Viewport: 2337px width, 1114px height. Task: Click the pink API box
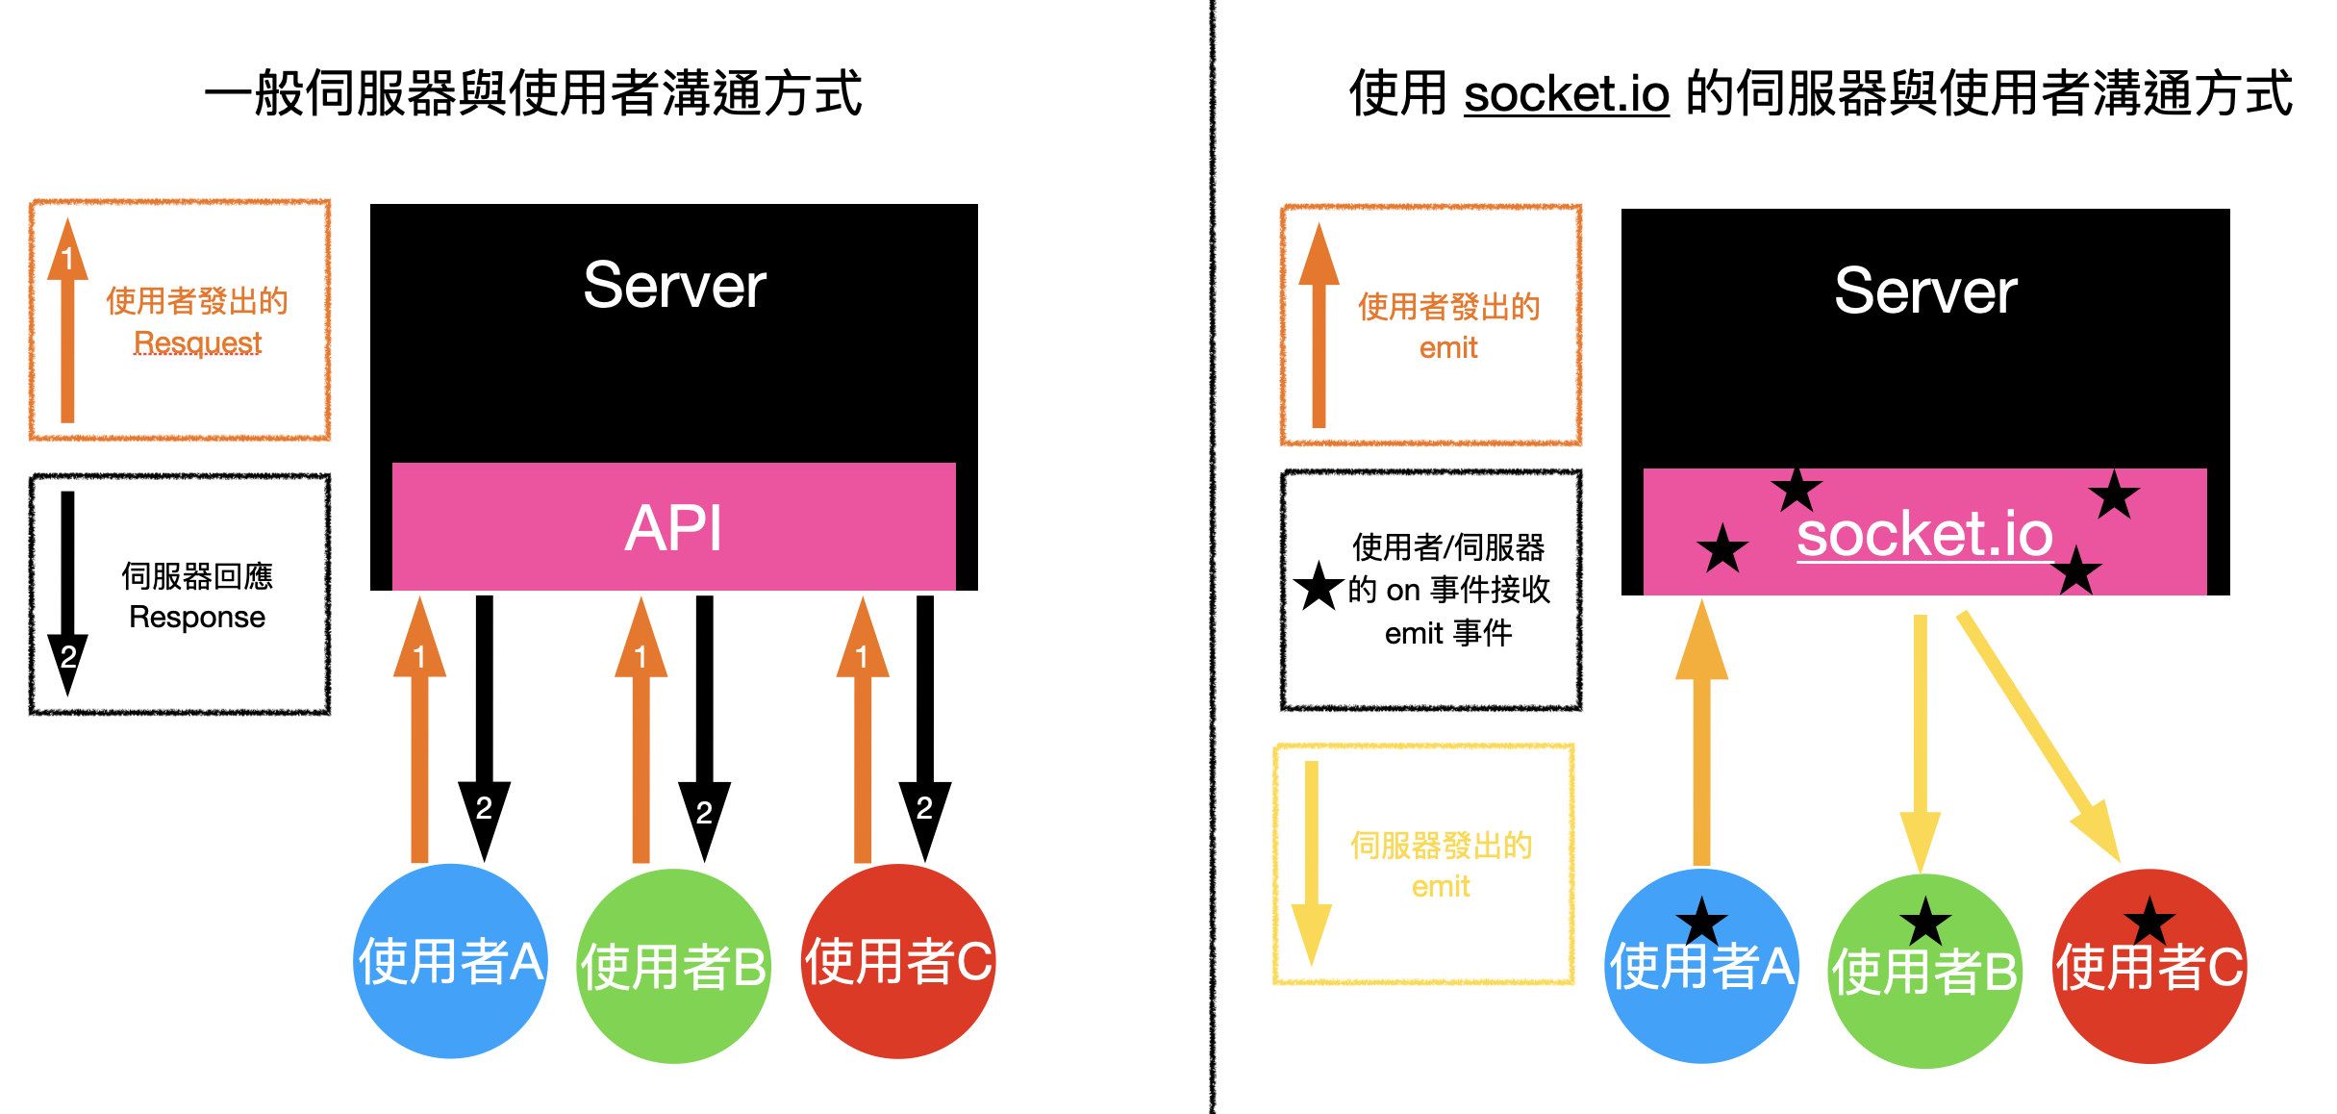(x=673, y=526)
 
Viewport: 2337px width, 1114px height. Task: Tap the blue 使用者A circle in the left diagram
(x=451, y=961)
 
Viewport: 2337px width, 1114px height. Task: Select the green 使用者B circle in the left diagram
(x=674, y=966)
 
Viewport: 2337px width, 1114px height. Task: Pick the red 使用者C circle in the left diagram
(x=898, y=961)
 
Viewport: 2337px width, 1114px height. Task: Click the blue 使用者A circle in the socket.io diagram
(x=1702, y=966)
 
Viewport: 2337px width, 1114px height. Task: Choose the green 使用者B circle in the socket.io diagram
(x=1924, y=971)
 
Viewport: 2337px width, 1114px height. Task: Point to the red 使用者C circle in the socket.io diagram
(x=2149, y=966)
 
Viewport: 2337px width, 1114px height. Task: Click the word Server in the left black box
(x=674, y=286)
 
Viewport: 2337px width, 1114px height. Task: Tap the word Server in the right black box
(x=1925, y=291)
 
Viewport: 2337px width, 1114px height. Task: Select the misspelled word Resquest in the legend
(x=197, y=342)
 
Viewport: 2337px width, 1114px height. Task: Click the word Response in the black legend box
(x=197, y=617)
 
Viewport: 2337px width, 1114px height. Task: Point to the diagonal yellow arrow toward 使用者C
(x=2039, y=736)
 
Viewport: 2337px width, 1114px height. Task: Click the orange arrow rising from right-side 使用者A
(x=1701, y=732)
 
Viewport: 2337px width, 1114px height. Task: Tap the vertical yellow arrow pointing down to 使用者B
(x=1920, y=745)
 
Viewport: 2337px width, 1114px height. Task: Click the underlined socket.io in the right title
(x=1567, y=94)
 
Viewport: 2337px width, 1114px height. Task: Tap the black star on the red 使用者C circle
(x=2149, y=922)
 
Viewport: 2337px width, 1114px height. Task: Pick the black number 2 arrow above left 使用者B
(x=704, y=729)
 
